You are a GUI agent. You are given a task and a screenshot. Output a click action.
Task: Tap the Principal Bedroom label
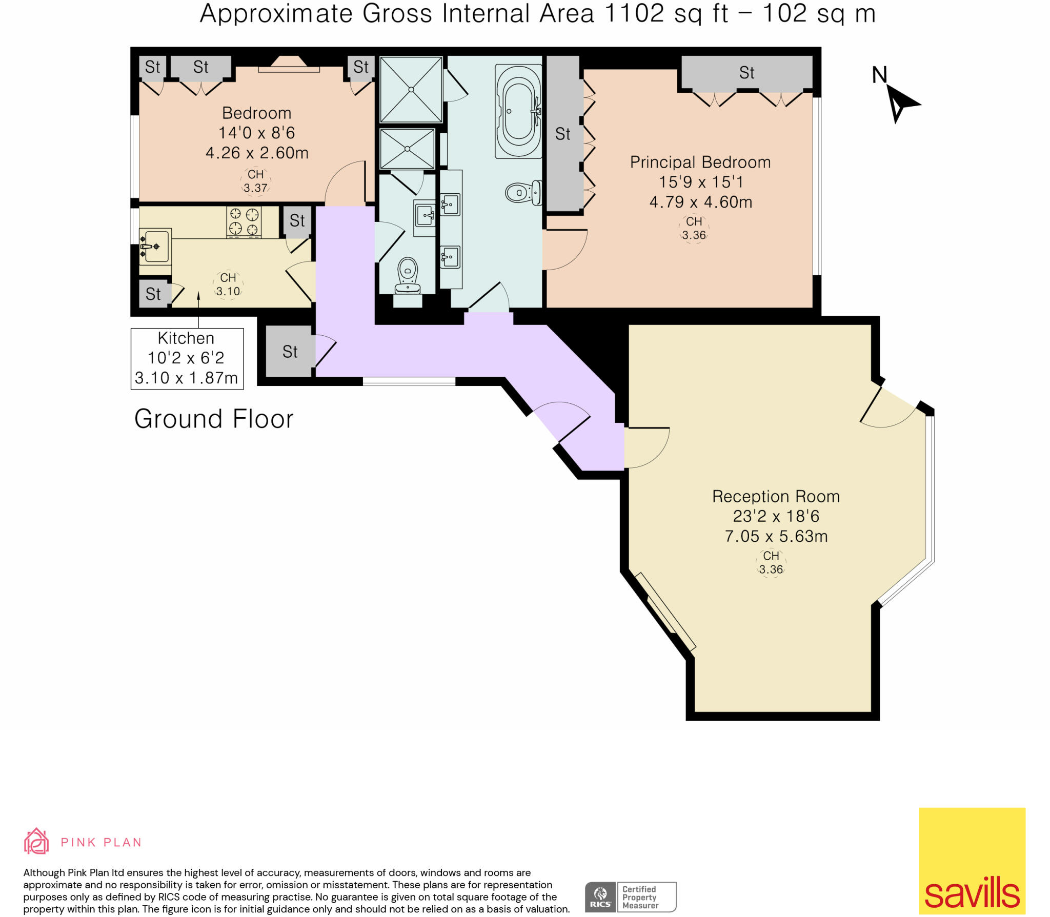pos(700,162)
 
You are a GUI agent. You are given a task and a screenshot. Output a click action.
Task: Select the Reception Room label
pos(775,496)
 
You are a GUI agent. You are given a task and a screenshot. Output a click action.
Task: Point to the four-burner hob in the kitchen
pos(244,221)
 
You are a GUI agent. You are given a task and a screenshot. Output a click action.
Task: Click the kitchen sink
pos(155,247)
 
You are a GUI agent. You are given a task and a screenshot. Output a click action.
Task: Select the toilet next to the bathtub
pos(523,193)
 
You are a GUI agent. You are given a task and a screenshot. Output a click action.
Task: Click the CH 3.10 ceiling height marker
pos(228,284)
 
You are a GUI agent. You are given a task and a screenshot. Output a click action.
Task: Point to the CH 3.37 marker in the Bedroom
pos(255,181)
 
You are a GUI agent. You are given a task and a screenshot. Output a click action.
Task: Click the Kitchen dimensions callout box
pos(187,358)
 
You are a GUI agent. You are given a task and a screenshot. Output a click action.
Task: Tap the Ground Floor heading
pos(214,419)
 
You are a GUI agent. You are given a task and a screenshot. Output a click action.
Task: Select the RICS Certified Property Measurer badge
pos(631,896)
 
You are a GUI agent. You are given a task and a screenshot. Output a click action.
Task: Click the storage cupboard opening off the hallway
pos(289,352)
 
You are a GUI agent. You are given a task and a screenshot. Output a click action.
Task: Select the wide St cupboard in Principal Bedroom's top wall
pos(746,73)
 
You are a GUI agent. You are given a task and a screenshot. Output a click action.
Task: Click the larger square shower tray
pos(411,90)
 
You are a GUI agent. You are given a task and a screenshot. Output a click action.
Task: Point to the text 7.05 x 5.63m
pos(776,536)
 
